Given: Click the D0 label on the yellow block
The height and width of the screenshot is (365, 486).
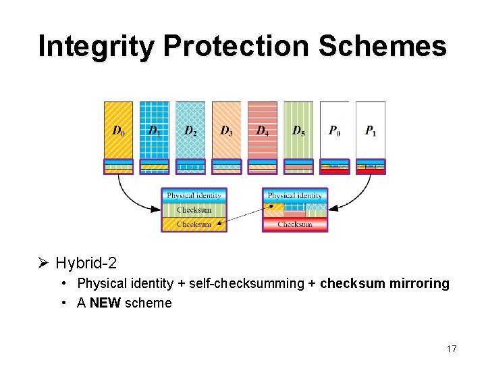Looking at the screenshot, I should pyautogui.click(x=118, y=130).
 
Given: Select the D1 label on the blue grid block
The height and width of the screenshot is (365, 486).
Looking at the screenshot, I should pyautogui.click(x=155, y=130).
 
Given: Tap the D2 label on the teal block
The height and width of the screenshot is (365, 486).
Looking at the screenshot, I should pyautogui.click(x=190, y=130).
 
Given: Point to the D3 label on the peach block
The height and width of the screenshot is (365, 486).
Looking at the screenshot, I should pyautogui.click(x=226, y=130).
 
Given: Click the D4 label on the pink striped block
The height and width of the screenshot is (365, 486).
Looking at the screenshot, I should pyautogui.click(x=263, y=130).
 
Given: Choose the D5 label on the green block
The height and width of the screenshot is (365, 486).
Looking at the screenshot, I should pyautogui.click(x=298, y=130).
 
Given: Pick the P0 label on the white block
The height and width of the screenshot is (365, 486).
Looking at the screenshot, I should pyautogui.click(x=334, y=130).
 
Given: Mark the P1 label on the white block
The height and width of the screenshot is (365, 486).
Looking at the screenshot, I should pyautogui.click(x=371, y=130).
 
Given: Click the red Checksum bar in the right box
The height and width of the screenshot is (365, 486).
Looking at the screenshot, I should pyautogui.click(x=295, y=224).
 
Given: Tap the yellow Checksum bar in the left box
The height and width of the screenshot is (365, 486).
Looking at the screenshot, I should pyautogui.click(x=194, y=224).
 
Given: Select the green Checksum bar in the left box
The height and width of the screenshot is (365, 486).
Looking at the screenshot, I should pyautogui.click(x=194, y=210).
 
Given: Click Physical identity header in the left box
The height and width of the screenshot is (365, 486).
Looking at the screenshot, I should pyautogui.click(x=194, y=196).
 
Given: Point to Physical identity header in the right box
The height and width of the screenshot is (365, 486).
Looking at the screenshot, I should pyautogui.click(x=295, y=196).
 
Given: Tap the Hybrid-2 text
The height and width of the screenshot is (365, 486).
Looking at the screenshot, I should pyautogui.click(x=86, y=262).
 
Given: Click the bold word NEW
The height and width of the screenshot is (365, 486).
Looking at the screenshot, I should pyautogui.click(x=105, y=303).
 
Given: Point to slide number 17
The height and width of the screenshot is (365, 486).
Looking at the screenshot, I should pyautogui.click(x=452, y=349).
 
